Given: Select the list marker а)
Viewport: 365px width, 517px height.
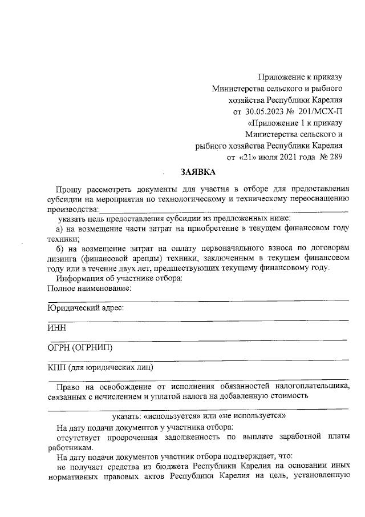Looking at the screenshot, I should (x=51, y=229).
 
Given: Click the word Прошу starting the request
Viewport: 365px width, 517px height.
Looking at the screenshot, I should (x=68, y=189).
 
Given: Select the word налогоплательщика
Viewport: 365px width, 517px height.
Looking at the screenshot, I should (x=309, y=386).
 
